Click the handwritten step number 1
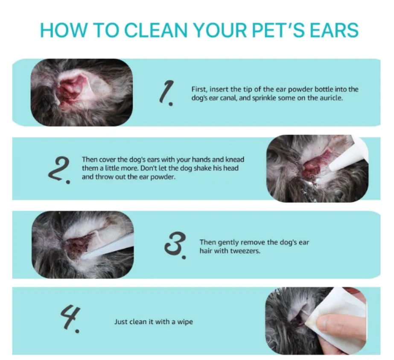pos(167,92)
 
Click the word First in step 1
pos(198,89)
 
